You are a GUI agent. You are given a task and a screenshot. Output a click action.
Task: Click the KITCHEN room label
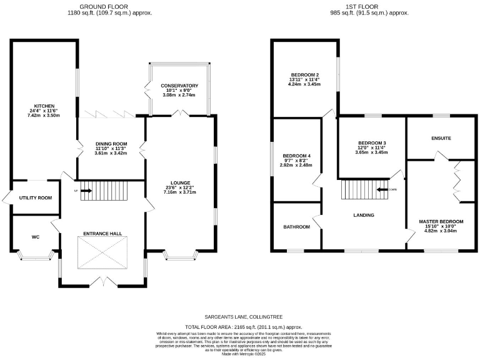tap(44, 106)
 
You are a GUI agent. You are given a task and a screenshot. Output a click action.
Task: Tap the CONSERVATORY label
tap(179, 86)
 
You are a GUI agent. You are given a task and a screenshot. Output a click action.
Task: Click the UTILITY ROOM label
tap(36, 197)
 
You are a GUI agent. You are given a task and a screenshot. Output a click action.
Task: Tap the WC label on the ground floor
tap(36, 237)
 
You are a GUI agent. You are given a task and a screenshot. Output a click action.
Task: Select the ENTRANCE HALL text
tap(102, 233)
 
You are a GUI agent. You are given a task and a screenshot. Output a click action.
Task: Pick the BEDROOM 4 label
tap(296, 155)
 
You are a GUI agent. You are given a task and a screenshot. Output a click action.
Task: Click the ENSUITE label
tap(440, 137)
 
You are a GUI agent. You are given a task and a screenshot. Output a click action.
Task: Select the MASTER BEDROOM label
tap(441, 222)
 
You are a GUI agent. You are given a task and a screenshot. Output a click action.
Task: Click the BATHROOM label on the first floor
tap(296, 227)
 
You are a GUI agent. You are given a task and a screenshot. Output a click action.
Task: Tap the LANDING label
tap(364, 215)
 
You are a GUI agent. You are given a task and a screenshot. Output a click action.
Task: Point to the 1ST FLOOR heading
tap(369, 6)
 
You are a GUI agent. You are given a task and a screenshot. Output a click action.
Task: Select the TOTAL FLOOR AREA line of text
tap(244, 327)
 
